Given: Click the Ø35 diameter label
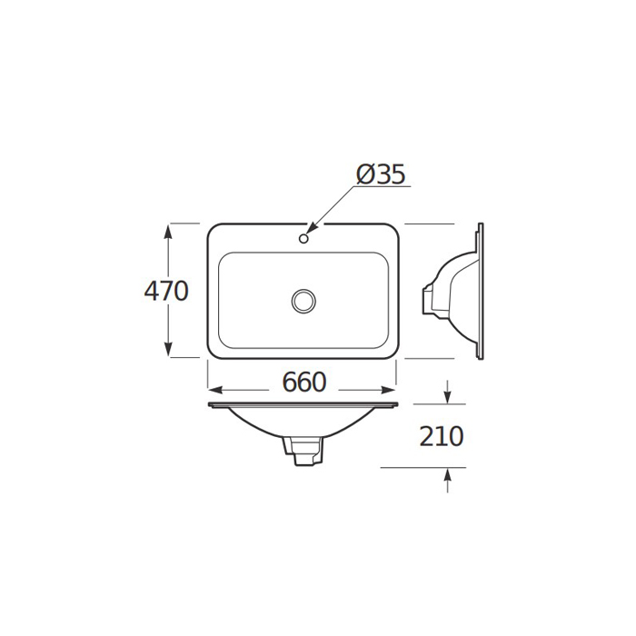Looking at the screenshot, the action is (381, 174).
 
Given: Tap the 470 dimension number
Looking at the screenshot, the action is (166, 291).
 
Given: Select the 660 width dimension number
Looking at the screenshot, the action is (304, 383).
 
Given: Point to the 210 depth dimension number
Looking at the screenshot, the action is (441, 436).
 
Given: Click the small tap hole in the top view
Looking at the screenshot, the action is (303, 238).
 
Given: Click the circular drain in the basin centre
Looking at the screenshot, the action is (303, 301).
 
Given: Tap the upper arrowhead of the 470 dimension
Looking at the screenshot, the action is (168, 233).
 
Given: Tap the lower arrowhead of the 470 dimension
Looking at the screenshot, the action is (168, 348).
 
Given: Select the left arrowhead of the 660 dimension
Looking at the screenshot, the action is (216, 390).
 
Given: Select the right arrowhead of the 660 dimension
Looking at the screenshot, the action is (386, 390).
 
